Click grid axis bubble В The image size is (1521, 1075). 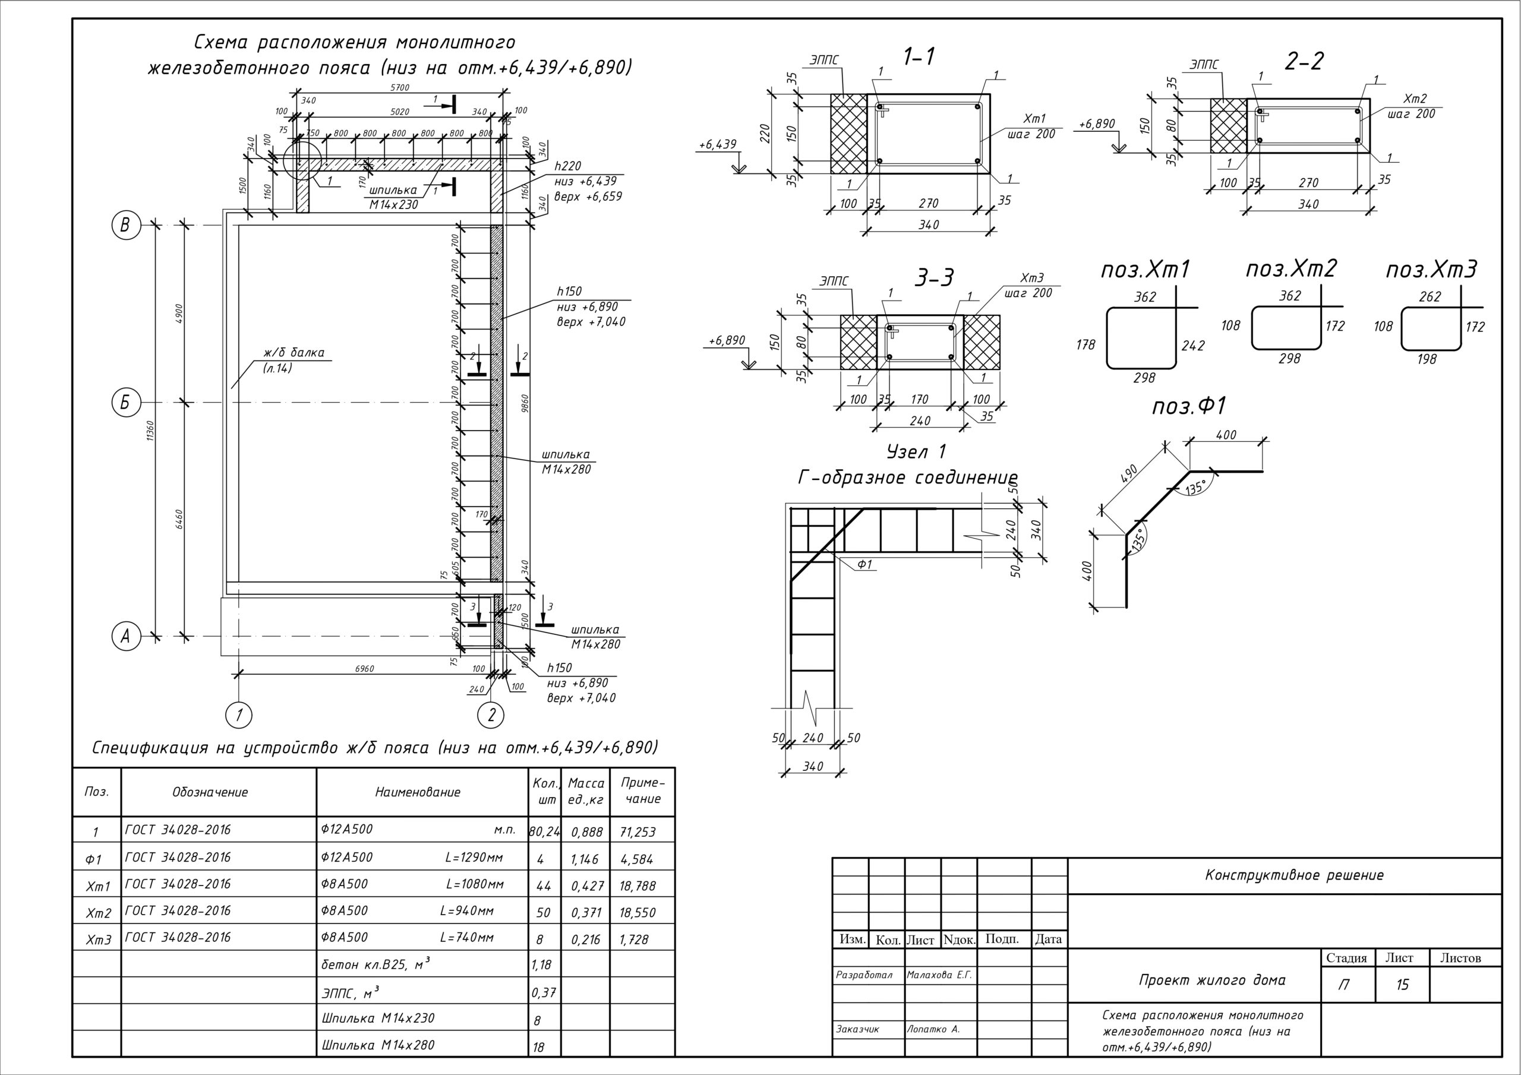pos(125,225)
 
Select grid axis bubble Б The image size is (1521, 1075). pos(125,403)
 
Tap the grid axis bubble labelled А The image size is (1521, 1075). pos(125,637)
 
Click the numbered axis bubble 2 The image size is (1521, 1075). pos(491,714)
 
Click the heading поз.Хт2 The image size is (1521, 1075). pos(1291,268)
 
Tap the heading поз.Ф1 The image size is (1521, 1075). pos(1190,406)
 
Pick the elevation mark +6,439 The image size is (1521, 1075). pos(718,144)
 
